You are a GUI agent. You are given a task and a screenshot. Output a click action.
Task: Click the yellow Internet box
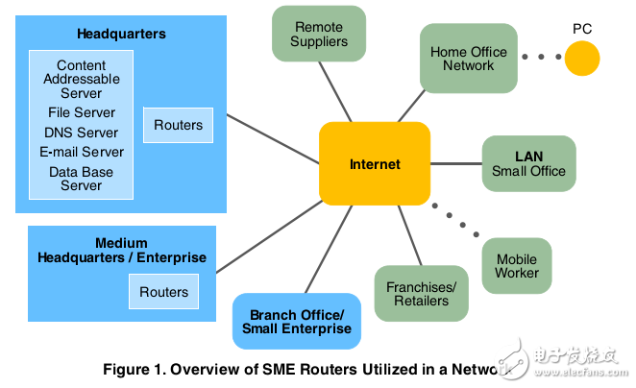click(375, 163)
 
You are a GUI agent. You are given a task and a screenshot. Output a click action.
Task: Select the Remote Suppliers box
click(319, 34)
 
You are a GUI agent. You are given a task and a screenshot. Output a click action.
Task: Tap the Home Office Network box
click(469, 58)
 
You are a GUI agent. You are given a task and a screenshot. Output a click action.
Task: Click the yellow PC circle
click(582, 59)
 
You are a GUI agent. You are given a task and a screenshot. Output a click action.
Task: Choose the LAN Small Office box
click(529, 163)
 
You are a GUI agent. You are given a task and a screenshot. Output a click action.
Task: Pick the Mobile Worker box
click(517, 266)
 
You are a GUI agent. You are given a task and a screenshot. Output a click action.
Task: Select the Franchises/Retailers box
click(422, 294)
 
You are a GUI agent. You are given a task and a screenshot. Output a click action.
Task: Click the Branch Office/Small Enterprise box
click(297, 321)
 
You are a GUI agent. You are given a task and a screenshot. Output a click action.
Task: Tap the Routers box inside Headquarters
click(178, 125)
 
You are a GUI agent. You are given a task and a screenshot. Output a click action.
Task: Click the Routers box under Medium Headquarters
click(164, 292)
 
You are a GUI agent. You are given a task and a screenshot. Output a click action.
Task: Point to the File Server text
click(82, 112)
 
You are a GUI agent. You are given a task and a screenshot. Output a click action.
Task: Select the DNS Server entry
click(81, 133)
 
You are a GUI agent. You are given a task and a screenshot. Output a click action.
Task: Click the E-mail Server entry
click(82, 152)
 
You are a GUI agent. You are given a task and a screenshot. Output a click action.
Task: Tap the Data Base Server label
click(81, 179)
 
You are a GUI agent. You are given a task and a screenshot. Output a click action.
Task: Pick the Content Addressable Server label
click(82, 79)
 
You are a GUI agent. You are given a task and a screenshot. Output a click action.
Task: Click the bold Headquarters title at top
click(121, 34)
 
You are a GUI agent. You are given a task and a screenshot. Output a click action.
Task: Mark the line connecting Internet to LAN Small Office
click(456, 164)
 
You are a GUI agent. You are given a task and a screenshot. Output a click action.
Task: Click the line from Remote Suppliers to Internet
click(335, 91)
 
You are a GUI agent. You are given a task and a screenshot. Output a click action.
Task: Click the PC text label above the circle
click(582, 29)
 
